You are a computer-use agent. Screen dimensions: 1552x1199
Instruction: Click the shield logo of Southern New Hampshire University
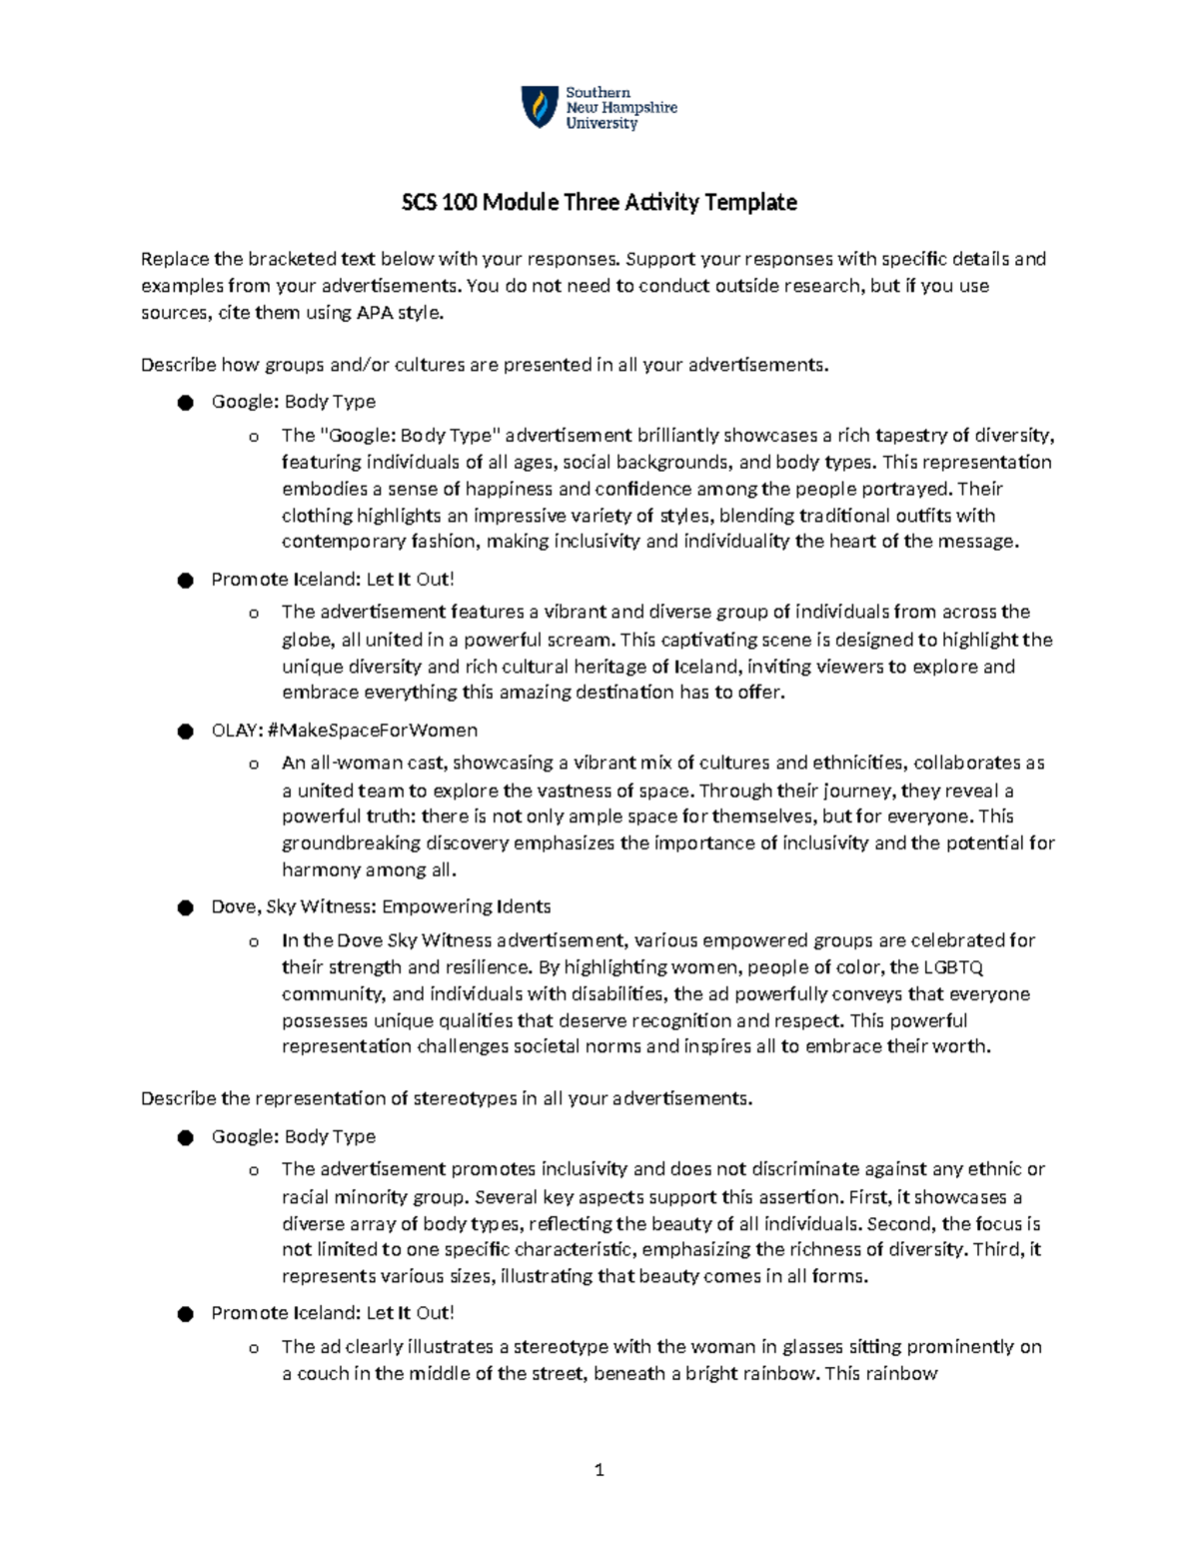(x=541, y=107)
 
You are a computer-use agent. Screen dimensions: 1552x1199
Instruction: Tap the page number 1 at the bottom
(x=599, y=1470)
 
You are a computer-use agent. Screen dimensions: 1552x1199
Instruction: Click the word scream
(x=585, y=640)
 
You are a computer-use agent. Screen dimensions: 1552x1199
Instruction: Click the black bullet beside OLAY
(x=185, y=732)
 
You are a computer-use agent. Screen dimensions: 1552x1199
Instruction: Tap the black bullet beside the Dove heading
(x=185, y=907)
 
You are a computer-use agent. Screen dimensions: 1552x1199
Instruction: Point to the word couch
(x=323, y=1374)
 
